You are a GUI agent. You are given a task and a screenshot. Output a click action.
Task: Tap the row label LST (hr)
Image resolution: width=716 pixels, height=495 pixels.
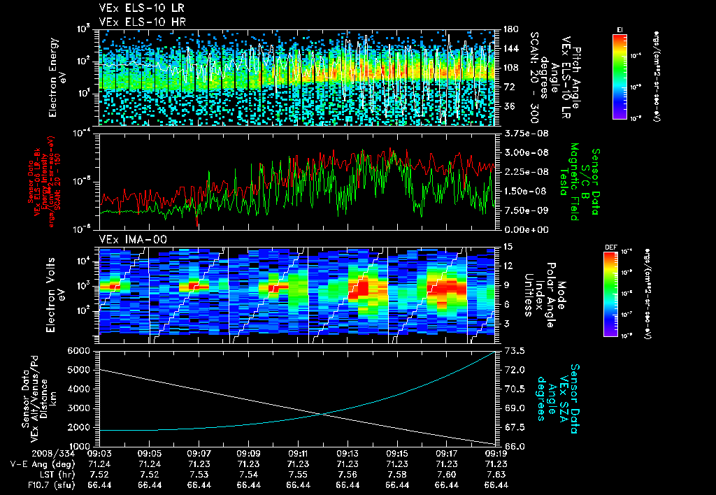point(50,474)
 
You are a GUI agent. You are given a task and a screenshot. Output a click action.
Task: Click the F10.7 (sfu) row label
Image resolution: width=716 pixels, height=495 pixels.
point(47,484)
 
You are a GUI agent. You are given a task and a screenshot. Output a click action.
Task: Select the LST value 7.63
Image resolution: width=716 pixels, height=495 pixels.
point(496,474)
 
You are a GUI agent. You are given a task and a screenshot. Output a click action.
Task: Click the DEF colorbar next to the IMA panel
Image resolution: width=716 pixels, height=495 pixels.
point(610,294)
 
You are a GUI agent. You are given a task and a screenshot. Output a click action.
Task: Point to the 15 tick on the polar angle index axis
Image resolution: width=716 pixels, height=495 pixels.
point(505,246)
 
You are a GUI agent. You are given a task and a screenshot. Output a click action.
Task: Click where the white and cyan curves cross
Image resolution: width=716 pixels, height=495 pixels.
point(324,413)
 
